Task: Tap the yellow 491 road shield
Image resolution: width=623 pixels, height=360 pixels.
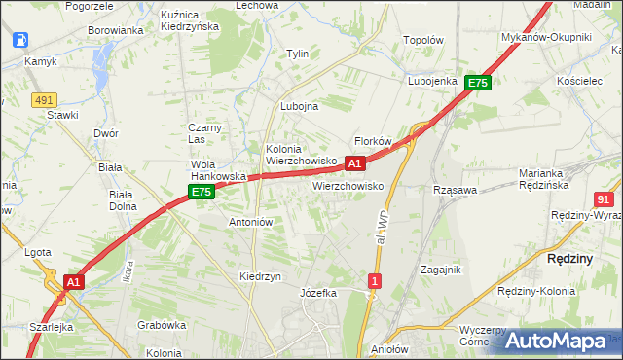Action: click(x=43, y=99)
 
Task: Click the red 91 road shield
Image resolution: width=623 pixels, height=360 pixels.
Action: click(x=603, y=198)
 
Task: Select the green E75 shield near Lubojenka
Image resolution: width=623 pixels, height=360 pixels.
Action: click(x=477, y=84)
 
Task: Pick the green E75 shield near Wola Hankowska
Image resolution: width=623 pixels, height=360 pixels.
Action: click(x=202, y=193)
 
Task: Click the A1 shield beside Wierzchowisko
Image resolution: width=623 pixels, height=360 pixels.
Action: click(x=355, y=163)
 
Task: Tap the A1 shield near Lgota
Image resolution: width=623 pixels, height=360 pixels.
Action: click(x=72, y=282)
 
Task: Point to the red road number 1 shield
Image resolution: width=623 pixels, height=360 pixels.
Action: click(x=375, y=281)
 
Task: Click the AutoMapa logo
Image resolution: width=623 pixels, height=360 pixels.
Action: click(x=556, y=341)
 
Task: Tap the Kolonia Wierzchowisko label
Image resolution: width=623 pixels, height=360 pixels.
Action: click(x=301, y=155)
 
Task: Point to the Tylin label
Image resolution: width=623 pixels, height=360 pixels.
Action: click(x=297, y=54)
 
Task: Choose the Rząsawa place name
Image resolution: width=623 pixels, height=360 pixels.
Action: click(x=456, y=190)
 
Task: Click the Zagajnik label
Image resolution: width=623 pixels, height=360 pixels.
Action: click(x=440, y=270)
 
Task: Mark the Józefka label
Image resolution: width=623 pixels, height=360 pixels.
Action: click(x=318, y=292)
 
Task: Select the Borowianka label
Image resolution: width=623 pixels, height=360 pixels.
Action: click(x=116, y=30)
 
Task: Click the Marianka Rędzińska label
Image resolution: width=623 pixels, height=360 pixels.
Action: click(x=550, y=179)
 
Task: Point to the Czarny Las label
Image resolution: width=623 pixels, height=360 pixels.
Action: click(x=206, y=133)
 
